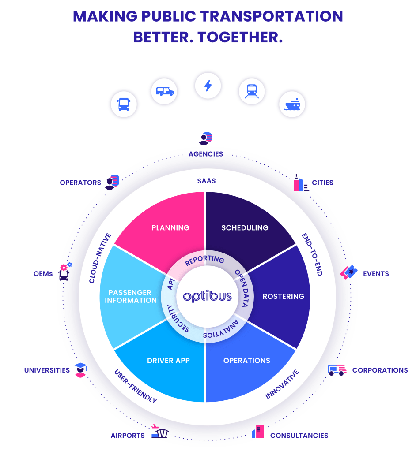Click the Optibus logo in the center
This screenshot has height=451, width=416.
pyautogui.click(x=207, y=296)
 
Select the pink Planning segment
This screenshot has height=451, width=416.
pyautogui.click(x=170, y=228)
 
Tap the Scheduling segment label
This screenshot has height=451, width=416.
pyautogui.click(x=245, y=228)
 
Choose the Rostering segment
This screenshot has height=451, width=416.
pyautogui.click(x=283, y=296)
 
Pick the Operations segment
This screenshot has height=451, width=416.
pyautogui.click(x=246, y=361)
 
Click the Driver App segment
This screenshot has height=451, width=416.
pyautogui.click(x=168, y=361)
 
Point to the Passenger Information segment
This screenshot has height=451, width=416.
pyautogui.click(x=133, y=296)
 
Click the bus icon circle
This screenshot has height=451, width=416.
pyautogui.click(x=124, y=104)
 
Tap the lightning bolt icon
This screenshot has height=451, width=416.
pyautogui.click(x=208, y=86)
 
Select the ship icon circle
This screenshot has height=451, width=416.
pyautogui.click(x=292, y=104)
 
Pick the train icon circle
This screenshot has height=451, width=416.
pyautogui.click(x=251, y=92)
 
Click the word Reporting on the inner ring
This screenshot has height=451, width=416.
pyautogui.click(x=204, y=260)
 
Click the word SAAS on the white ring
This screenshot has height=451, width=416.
pyautogui.click(x=207, y=181)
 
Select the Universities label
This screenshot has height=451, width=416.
pyautogui.click(x=47, y=370)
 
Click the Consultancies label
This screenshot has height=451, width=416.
pyautogui.click(x=299, y=436)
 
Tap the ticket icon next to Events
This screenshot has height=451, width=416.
pyautogui.click(x=348, y=272)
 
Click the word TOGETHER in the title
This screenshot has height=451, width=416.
pyautogui.click(x=240, y=37)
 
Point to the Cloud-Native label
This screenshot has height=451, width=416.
pyautogui.click(x=100, y=258)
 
